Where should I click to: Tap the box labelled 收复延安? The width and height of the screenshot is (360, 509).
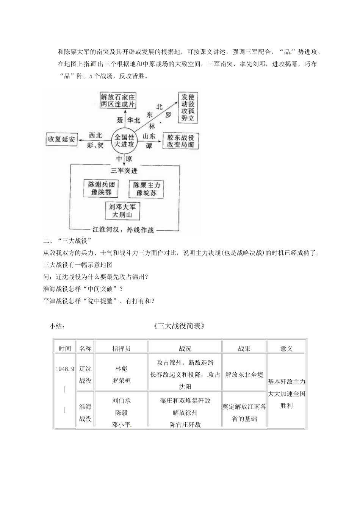(x=61, y=139)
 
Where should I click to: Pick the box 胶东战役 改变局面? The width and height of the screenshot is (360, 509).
(x=180, y=141)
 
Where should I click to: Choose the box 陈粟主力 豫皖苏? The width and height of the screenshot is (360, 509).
(x=146, y=189)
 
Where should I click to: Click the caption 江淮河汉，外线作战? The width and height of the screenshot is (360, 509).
(x=124, y=230)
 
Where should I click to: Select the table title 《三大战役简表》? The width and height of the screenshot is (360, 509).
(x=180, y=326)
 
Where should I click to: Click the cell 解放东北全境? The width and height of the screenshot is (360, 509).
(x=244, y=375)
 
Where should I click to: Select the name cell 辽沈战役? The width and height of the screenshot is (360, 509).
(x=85, y=375)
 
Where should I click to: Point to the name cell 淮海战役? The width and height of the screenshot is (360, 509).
(x=85, y=413)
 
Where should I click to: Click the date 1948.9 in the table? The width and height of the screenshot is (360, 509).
(x=65, y=368)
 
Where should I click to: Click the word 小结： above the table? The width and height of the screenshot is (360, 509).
(x=57, y=326)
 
